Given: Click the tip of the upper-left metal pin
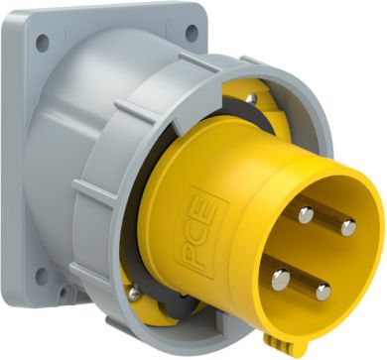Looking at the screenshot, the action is click(306, 215).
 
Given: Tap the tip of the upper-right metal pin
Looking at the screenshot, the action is click(348, 228).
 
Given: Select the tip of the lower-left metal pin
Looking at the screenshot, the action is click(281, 280).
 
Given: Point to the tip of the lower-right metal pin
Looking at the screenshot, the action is click(323, 293).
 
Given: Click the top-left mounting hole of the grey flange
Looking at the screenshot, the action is click(43, 43).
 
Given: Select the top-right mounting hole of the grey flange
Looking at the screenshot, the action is click(192, 33).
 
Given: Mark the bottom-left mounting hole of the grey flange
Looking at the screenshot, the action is click(42, 277).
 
